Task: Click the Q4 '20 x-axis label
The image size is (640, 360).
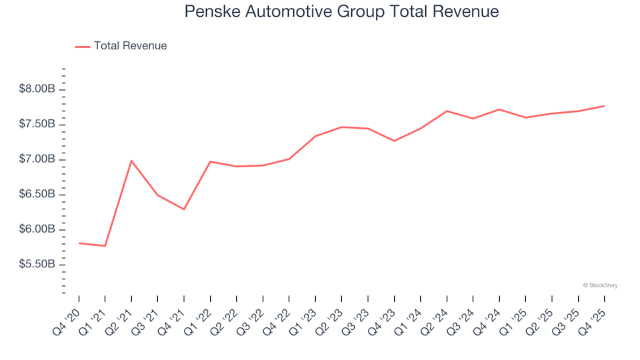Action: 69,313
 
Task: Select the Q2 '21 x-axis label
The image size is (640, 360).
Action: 121,313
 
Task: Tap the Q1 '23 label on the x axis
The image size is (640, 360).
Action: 305,313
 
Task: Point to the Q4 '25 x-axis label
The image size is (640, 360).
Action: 594,313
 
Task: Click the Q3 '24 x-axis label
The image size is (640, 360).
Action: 463,313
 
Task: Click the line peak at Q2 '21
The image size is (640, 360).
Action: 131,161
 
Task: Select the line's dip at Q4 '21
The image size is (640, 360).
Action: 184,209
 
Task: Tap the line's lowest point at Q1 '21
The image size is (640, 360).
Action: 105,246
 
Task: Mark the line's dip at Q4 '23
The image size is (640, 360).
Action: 394,141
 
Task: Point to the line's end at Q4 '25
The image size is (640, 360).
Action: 604,106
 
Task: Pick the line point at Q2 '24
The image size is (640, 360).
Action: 447,111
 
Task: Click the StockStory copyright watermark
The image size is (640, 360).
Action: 600,285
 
